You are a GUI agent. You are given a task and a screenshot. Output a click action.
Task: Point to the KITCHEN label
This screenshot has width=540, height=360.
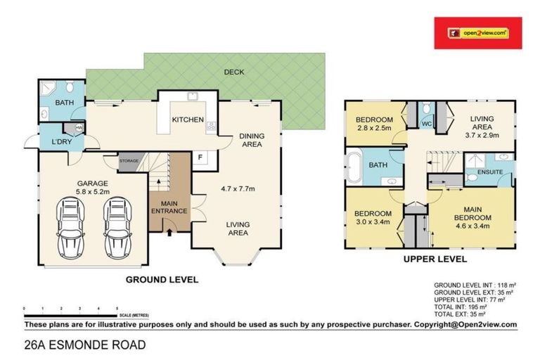tap(188, 120)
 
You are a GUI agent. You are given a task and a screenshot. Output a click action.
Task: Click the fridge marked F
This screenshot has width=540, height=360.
tap(199, 157)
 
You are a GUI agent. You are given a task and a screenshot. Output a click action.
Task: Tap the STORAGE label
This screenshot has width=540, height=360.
tap(129, 161)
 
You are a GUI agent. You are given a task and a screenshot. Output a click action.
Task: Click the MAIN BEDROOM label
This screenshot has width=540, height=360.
tap(472, 213)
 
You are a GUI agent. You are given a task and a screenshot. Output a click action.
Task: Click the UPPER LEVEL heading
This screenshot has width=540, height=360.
tap(435, 259)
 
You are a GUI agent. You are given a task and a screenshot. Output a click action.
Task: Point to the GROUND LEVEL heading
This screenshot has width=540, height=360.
tap(162, 279)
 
